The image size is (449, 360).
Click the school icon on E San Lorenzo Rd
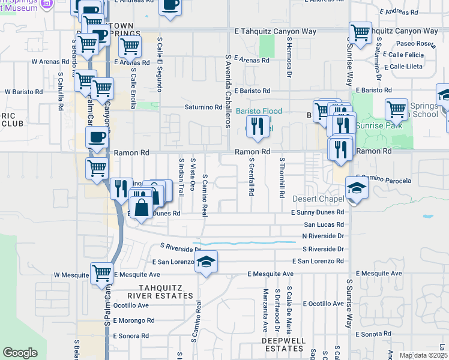pos(206,262)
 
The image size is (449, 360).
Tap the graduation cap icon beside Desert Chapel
pos(357,188)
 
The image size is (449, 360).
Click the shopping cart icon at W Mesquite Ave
pos(101,273)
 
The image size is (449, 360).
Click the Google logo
pos(20,353)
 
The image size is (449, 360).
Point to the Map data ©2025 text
pos(423,355)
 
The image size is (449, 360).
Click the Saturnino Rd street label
pos(203,108)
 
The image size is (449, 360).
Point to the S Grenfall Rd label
pos(252,178)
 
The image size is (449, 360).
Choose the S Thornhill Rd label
pos(281,178)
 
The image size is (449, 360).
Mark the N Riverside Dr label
pos(323,236)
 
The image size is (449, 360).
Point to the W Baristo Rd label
pos(23,92)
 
